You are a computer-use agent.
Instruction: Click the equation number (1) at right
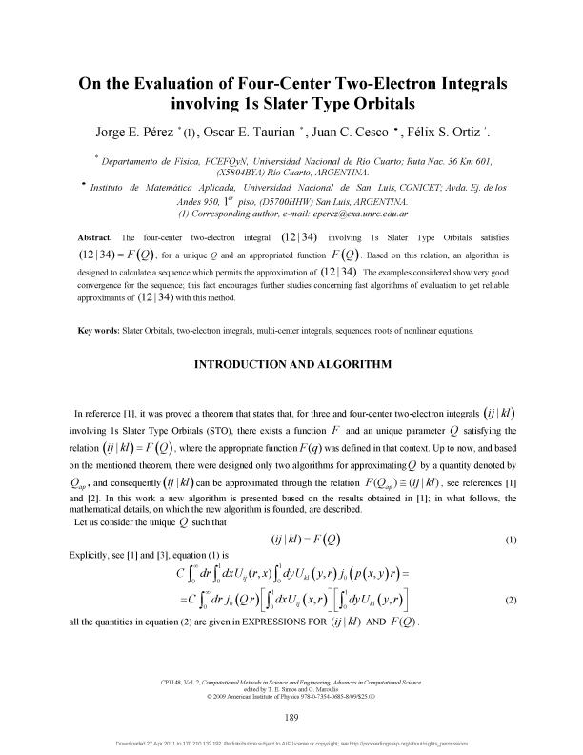510,540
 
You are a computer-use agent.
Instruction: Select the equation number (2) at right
510,599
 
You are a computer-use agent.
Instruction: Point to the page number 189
291,715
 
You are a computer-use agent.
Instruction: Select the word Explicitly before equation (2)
92,553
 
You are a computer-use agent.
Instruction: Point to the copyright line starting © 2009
291,693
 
